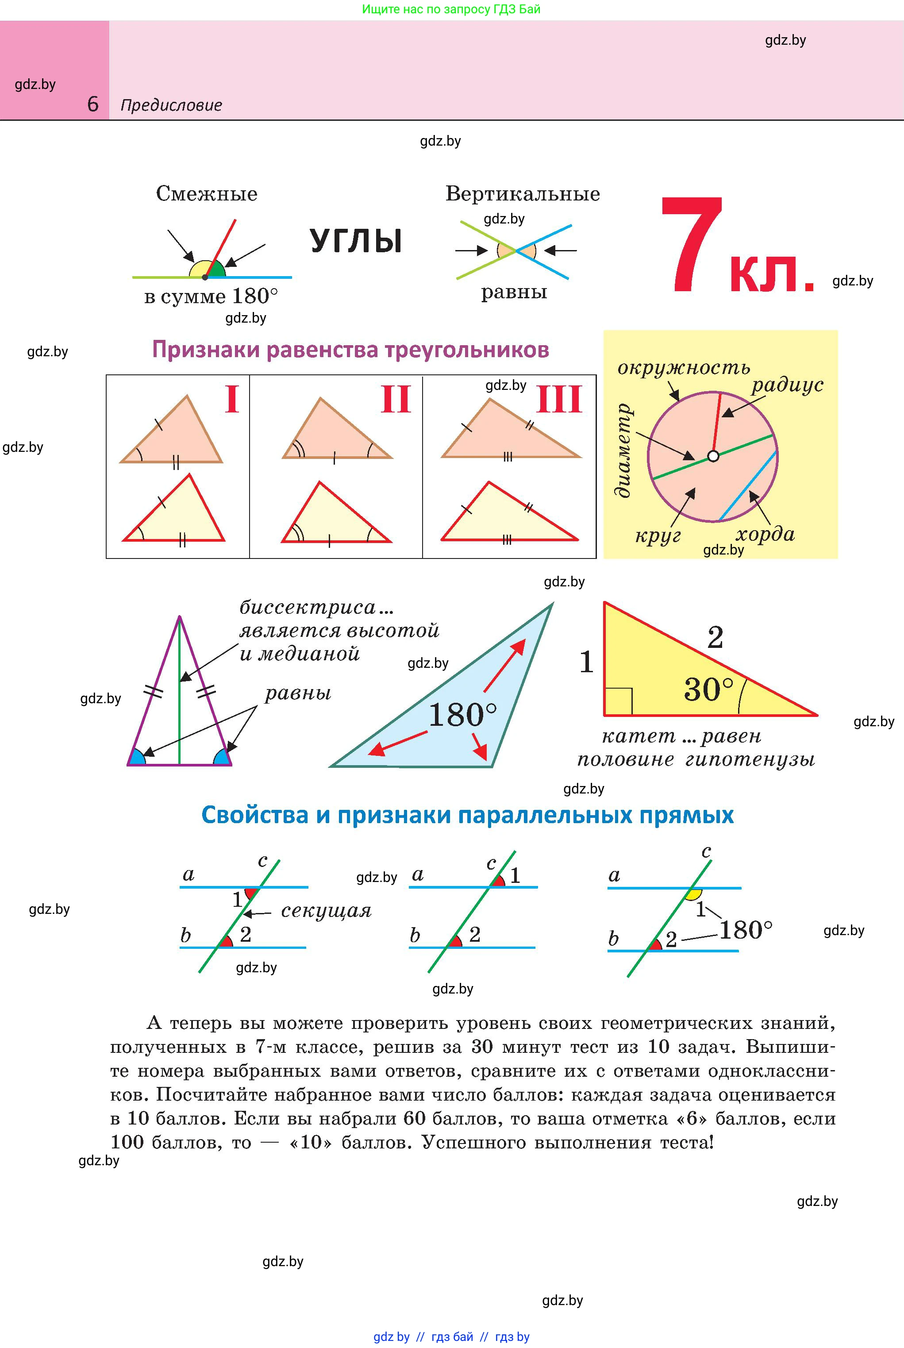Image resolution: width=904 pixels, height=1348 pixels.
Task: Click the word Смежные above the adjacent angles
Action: pyautogui.click(x=206, y=194)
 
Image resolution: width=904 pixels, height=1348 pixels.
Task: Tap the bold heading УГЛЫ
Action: pyautogui.click(x=356, y=241)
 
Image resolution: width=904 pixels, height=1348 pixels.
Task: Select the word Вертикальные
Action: pyautogui.click(x=522, y=194)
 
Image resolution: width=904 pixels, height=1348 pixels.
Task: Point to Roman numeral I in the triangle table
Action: pyautogui.click(x=232, y=400)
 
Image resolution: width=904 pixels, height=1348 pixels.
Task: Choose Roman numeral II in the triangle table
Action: pyautogui.click(x=396, y=400)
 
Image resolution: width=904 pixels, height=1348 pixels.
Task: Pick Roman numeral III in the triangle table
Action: pyautogui.click(x=559, y=400)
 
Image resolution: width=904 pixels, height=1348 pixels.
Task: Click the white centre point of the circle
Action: pyautogui.click(x=713, y=456)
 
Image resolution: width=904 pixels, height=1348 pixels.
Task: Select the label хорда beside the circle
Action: pyautogui.click(x=765, y=534)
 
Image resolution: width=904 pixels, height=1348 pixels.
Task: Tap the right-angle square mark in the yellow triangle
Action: pyautogui.click(x=619, y=702)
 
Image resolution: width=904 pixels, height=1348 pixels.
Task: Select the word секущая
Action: pyautogui.click(x=326, y=911)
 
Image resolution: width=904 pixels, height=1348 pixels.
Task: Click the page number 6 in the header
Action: pyautogui.click(x=93, y=104)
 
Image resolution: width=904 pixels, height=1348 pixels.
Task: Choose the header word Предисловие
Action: pyautogui.click(x=171, y=105)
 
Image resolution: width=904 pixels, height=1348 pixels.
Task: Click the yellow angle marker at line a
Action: pyautogui.click(x=693, y=894)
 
